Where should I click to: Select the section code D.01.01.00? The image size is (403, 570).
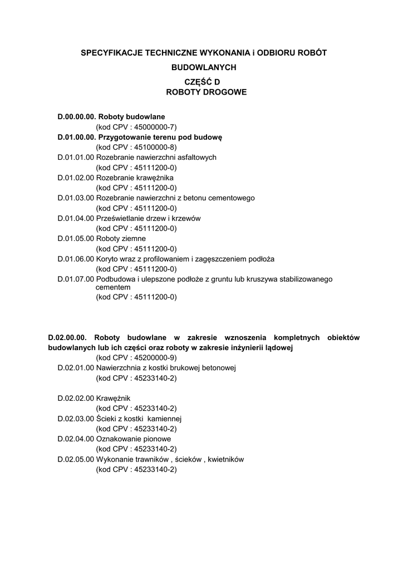76,158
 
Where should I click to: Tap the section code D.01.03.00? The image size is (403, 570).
76,198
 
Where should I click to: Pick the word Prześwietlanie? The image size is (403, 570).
120,218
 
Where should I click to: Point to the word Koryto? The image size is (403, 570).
107,259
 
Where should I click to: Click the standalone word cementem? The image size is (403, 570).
113,287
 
